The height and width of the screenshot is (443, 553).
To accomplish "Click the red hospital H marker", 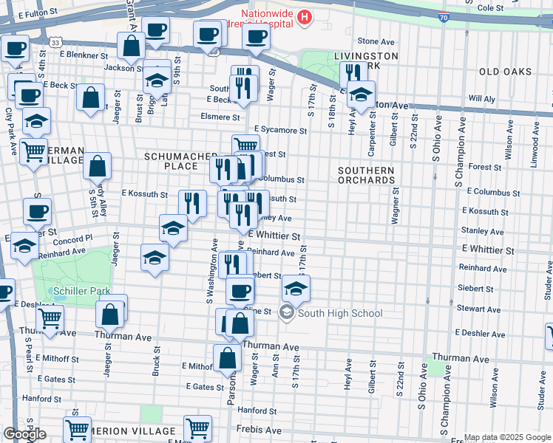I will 303,17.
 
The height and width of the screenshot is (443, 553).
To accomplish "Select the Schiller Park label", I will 79,291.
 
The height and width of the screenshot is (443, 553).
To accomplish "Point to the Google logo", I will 24,434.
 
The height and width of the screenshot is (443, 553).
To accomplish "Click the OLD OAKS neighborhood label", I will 505,72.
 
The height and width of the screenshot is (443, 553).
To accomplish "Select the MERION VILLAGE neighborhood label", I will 134,431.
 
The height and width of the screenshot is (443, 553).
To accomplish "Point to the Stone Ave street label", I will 373,41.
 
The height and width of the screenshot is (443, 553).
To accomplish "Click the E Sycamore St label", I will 278,131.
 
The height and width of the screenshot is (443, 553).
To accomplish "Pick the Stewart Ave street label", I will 481,309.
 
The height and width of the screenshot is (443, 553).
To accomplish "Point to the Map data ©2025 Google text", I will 506,437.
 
